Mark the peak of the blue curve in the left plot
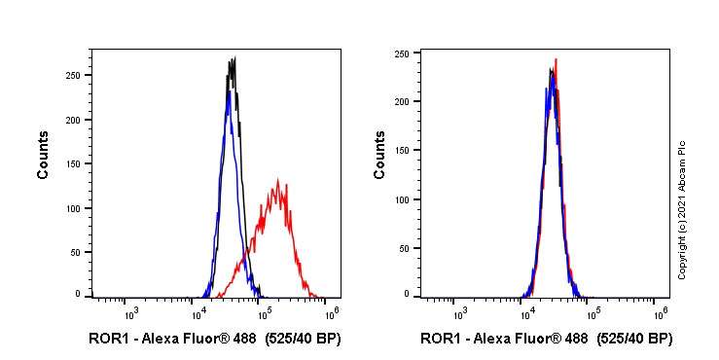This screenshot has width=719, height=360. (228, 91)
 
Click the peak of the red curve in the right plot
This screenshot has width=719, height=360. (556, 59)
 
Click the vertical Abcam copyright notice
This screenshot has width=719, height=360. (683, 209)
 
